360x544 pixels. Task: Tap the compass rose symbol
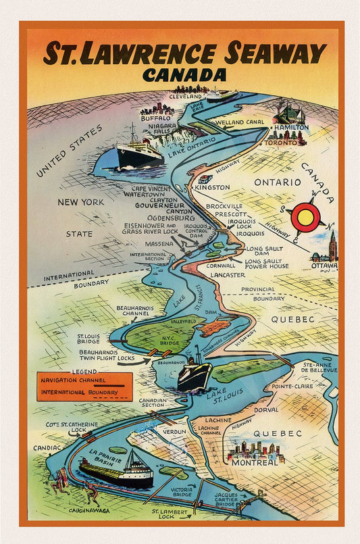pyautogui.click(x=307, y=218)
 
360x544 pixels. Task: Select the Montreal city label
pyautogui.click(x=256, y=463)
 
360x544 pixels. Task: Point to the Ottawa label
pyautogui.click(x=325, y=266)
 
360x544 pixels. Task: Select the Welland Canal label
pyautogui.click(x=240, y=122)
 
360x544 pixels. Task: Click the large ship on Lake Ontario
pyautogui.click(x=139, y=155)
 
